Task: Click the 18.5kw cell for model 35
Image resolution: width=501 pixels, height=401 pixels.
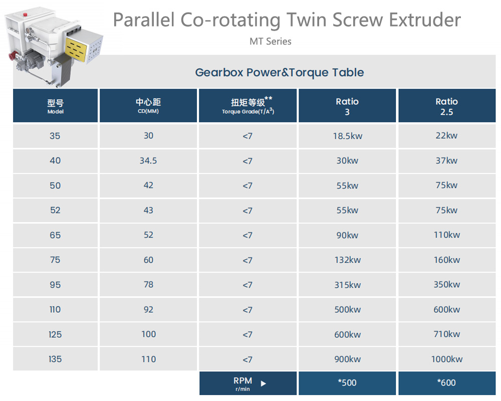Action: (347, 136)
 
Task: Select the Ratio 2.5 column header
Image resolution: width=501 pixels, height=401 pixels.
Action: (447, 106)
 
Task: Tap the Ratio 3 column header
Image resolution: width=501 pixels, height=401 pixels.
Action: (347, 106)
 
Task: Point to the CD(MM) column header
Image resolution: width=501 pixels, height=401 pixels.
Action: (148, 106)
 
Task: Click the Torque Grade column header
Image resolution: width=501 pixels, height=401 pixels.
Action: (247, 106)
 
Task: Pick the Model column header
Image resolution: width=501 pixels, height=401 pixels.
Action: (55, 106)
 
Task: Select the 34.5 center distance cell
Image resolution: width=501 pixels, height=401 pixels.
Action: (148, 160)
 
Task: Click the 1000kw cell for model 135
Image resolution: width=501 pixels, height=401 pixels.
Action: (447, 359)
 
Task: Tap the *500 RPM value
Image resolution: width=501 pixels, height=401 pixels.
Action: (347, 383)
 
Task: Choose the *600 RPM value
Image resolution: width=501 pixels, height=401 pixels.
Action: (447, 383)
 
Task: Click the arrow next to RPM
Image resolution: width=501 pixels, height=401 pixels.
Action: (263, 383)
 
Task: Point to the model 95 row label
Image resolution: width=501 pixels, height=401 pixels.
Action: (55, 285)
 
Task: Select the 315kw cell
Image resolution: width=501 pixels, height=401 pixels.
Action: (347, 285)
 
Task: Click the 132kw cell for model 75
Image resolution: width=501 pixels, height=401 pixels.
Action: (347, 260)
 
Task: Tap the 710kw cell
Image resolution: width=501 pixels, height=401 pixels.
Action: (447, 334)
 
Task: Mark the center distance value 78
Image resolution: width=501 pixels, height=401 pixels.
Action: (148, 285)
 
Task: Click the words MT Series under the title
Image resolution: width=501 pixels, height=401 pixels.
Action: (271, 42)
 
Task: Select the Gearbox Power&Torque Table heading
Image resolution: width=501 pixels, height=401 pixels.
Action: (280, 73)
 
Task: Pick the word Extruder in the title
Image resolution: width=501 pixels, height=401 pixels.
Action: (425, 20)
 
